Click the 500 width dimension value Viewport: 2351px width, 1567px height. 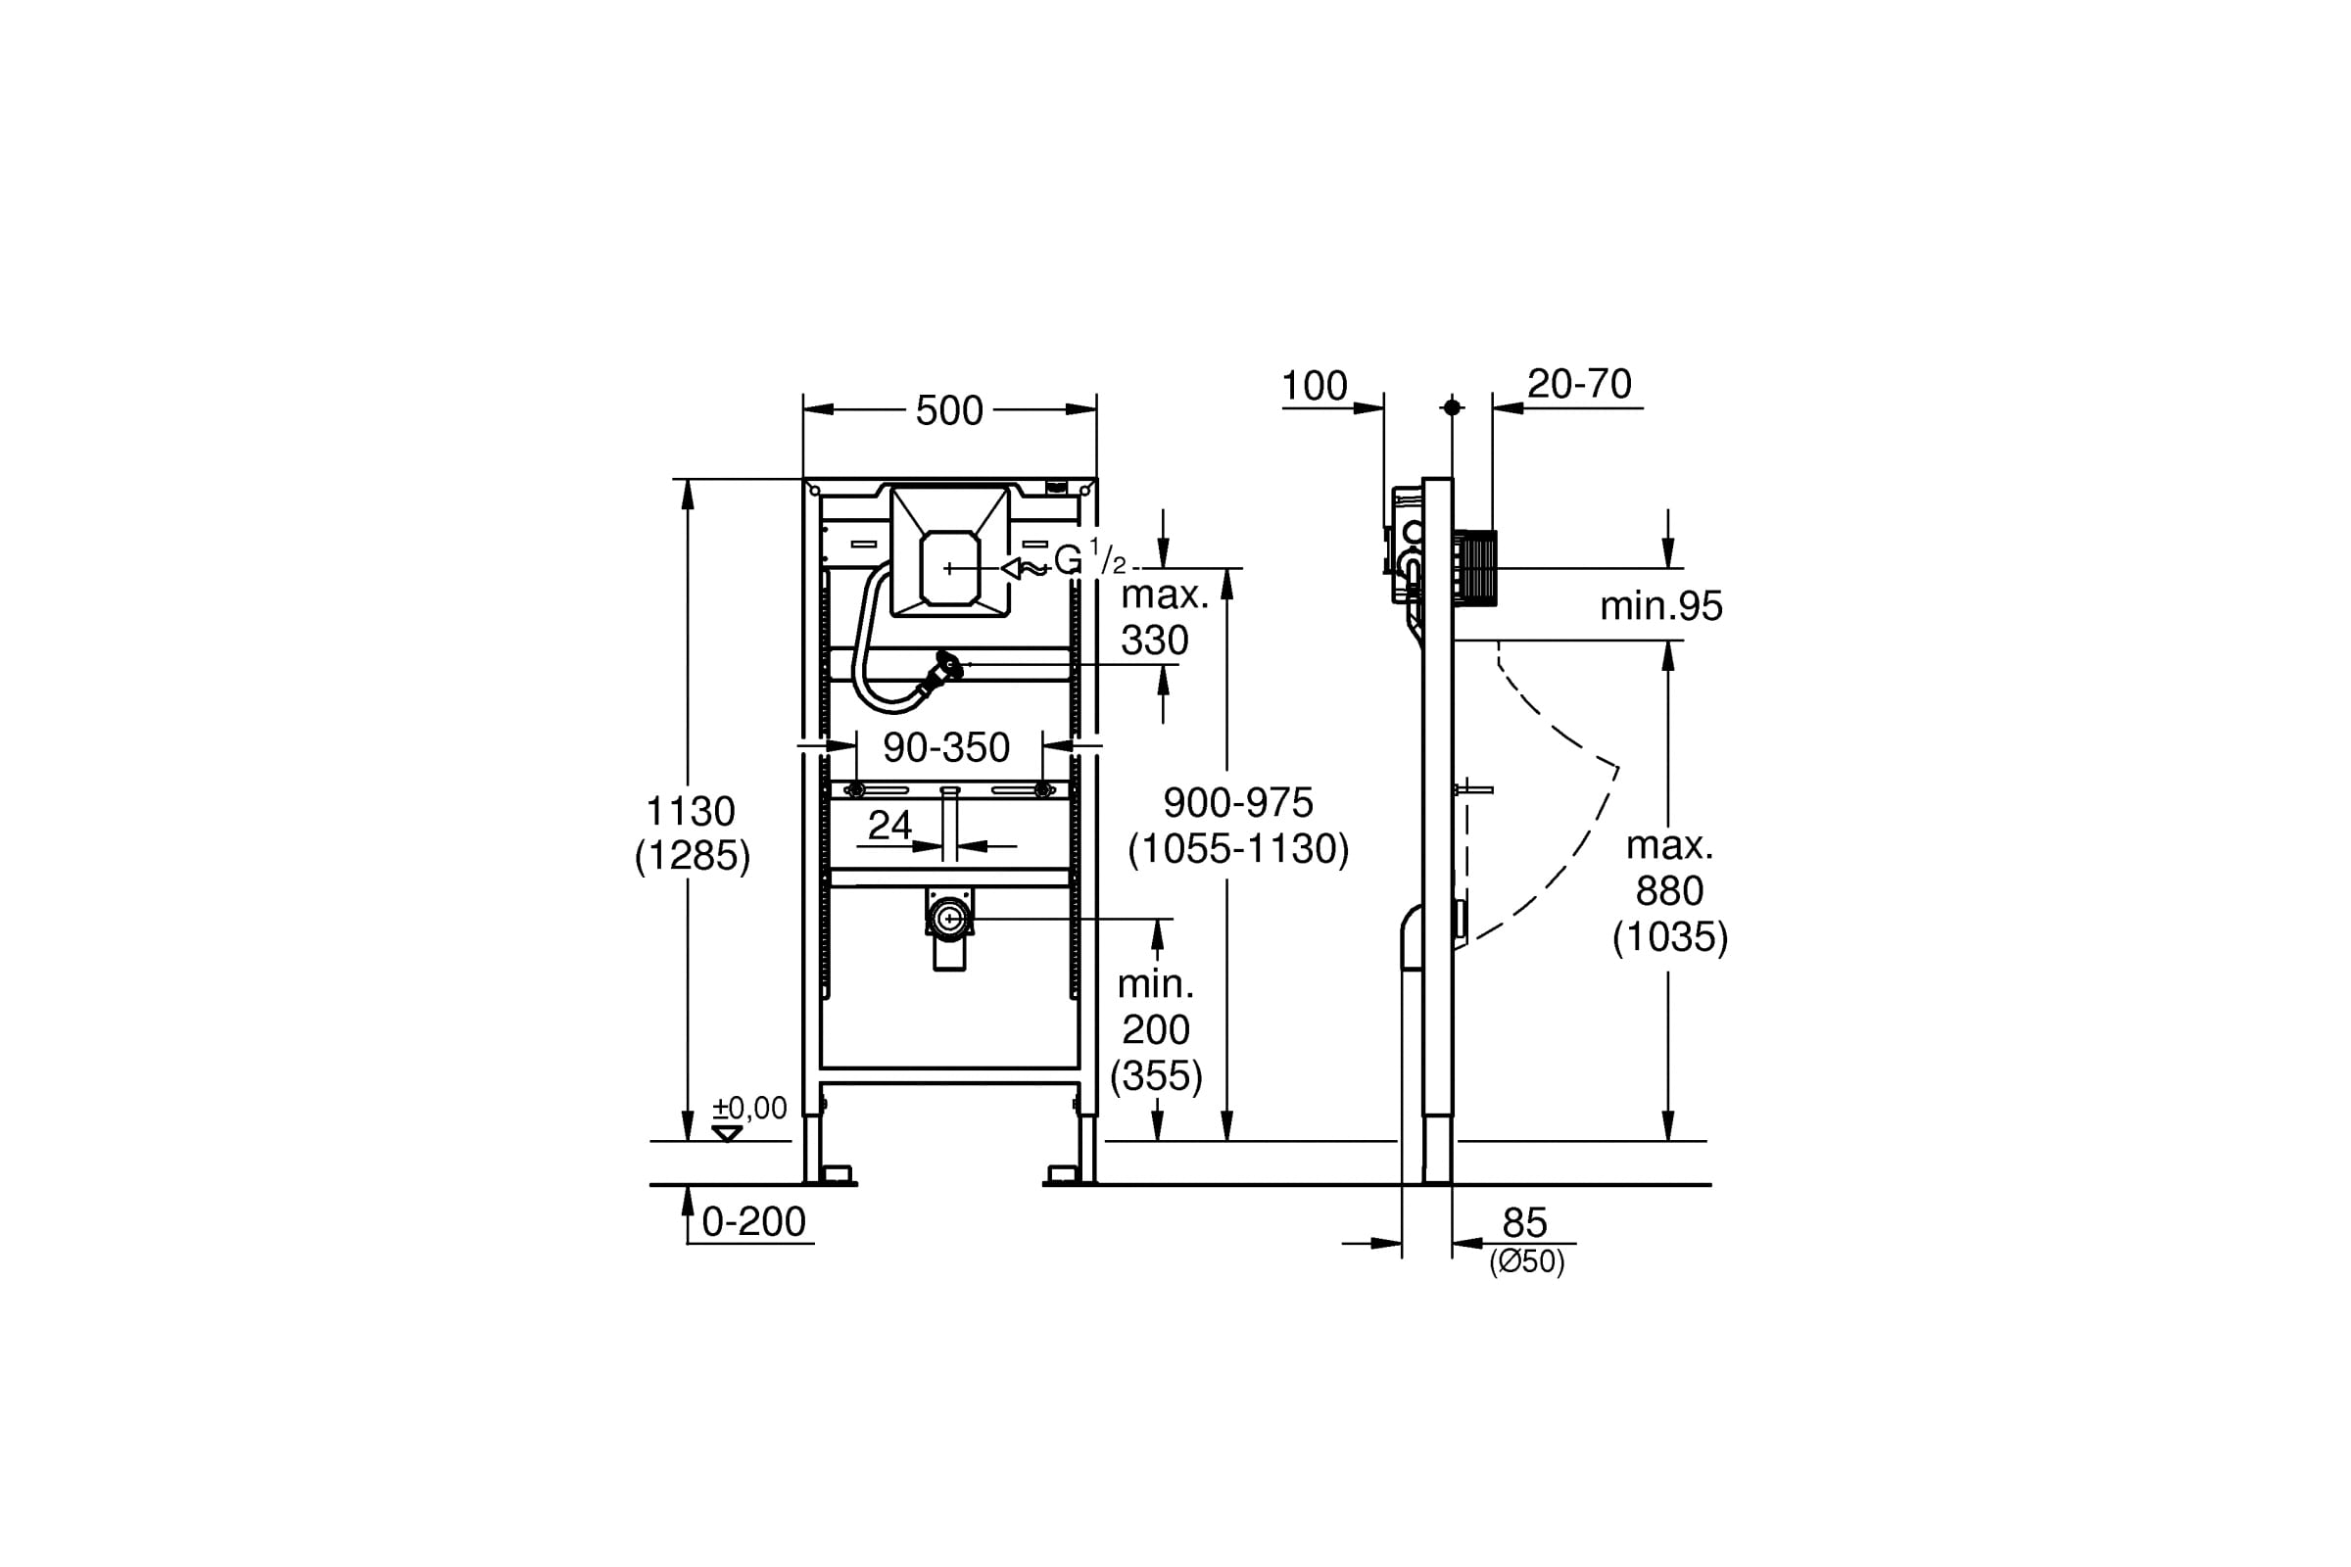(x=948, y=410)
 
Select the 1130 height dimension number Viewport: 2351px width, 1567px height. (x=691, y=811)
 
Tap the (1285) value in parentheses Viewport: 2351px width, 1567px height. (x=692, y=855)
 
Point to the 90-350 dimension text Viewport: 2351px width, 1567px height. (x=946, y=747)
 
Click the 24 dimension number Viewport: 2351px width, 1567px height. (x=889, y=825)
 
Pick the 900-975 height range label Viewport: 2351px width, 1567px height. (x=1238, y=802)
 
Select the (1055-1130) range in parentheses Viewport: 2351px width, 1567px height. (x=1238, y=848)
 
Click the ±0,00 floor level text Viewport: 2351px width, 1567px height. (x=749, y=1108)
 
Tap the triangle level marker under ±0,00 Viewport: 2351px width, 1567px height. (x=727, y=1133)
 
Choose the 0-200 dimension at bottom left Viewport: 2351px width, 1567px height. (x=753, y=1221)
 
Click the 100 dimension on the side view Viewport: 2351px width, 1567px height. (x=1315, y=386)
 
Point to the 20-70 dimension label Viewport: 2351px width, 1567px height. (x=1579, y=384)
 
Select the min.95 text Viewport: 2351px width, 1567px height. (x=1661, y=605)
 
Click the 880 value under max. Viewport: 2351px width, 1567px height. (x=1669, y=890)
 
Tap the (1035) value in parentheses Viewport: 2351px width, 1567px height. (x=1670, y=936)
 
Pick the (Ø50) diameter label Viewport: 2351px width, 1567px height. (x=1526, y=1262)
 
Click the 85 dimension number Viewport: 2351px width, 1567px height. (x=1524, y=1223)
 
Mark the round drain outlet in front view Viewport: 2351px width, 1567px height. (x=948, y=918)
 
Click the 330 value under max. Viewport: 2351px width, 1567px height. (x=1155, y=640)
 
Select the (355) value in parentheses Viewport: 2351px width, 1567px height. (x=1157, y=1075)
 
